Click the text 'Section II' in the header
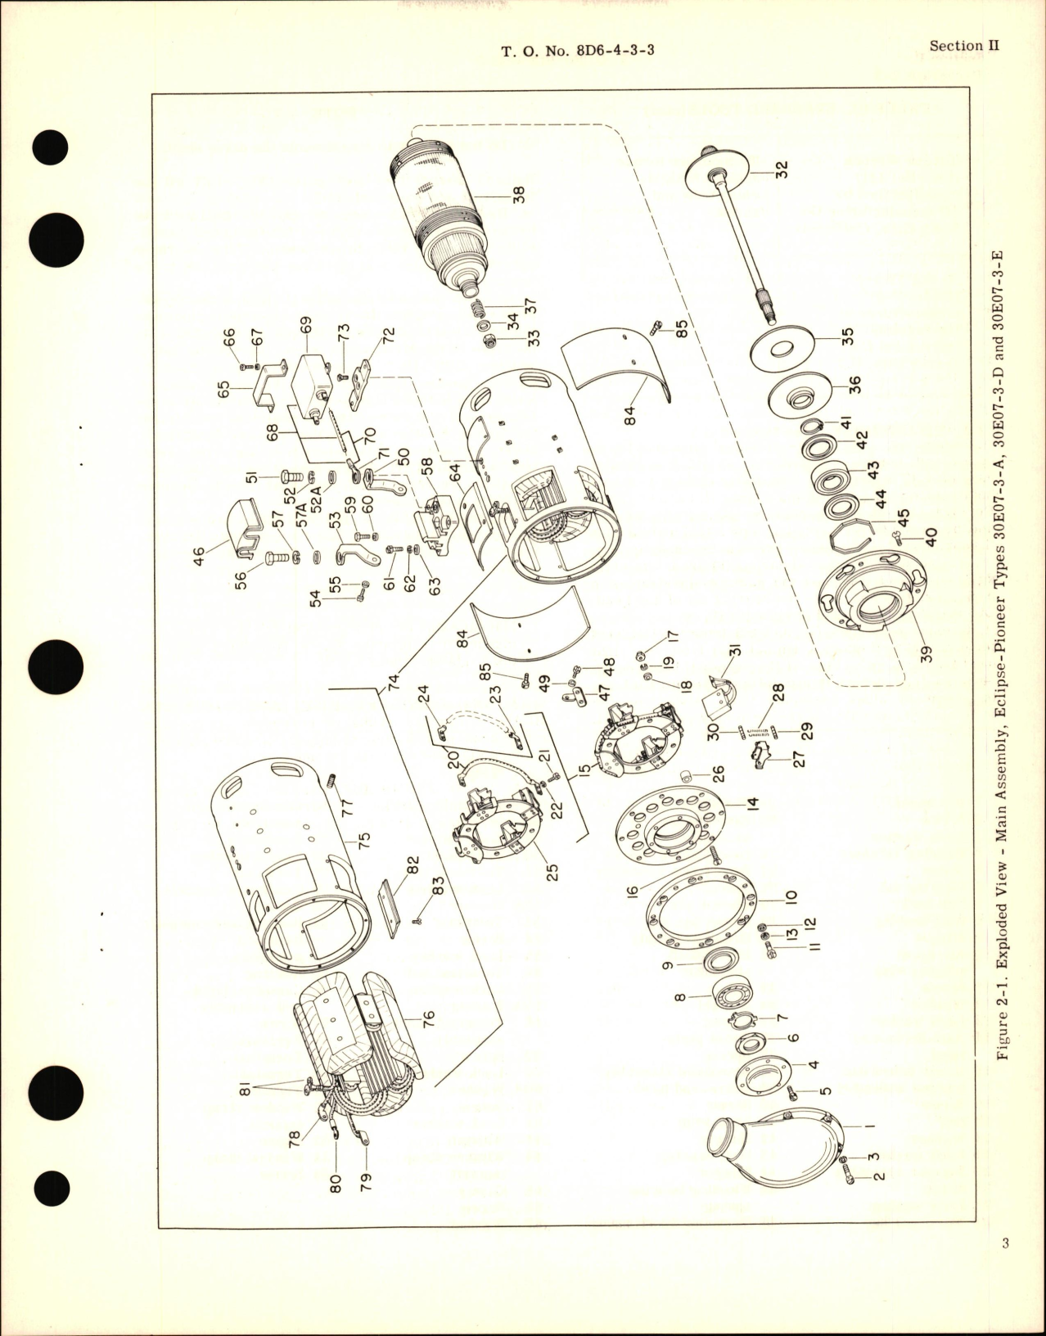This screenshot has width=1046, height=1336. (x=965, y=46)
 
